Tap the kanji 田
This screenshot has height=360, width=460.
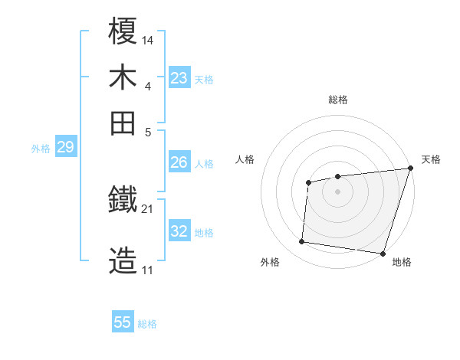[x=123, y=122]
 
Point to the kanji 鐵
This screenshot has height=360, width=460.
[x=123, y=201]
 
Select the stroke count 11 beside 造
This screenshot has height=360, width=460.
[x=147, y=270]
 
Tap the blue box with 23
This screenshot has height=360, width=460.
[x=179, y=78]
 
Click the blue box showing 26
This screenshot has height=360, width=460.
[x=179, y=162]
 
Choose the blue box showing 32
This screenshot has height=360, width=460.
[x=179, y=231]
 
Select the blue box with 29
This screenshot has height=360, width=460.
[x=65, y=147]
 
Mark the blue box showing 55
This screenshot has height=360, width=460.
[x=123, y=322]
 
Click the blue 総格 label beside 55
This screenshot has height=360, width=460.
[x=147, y=324]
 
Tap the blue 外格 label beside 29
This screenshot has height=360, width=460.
[x=41, y=149]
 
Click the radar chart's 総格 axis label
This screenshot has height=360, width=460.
[x=337, y=100]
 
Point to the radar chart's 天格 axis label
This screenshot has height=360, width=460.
[x=431, y=159]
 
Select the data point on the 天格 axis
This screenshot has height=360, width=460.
[x=410, y=168]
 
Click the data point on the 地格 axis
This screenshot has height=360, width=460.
[x=382, y=253]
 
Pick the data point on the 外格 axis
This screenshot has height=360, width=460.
[x=302, y=242]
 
